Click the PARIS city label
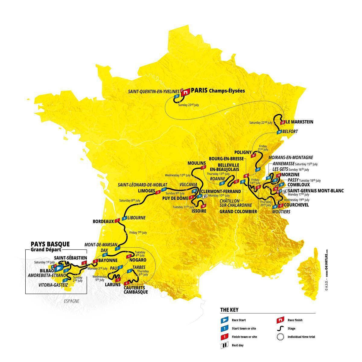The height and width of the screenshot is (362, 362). pyautogui.click(x=199, y=90)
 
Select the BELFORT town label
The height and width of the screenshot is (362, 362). pyautogui.click(x=290, y=132)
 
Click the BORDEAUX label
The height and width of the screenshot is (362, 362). pyautogui.click(x=103, y=221)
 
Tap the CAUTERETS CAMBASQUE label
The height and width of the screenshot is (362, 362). pyautogui.click(x=136, y=290)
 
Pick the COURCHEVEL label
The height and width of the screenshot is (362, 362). pyautogui.click(x=297, y=205)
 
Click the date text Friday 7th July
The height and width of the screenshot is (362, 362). pyautogui.click(x=138, y=233)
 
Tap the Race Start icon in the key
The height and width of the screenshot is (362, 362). pyautogui.click(x=224, y=320)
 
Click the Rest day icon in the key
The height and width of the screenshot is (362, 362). pyautogui.click(x=224, y=345)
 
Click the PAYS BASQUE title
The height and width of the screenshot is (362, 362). pyautogui.click(x=50, y=244)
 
